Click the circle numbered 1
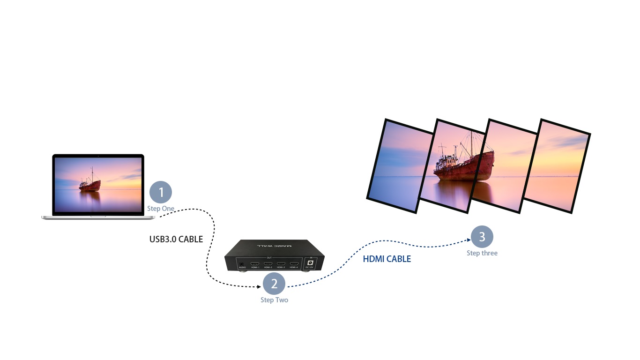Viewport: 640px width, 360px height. [161, 192]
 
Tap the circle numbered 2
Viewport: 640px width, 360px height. [274, 284]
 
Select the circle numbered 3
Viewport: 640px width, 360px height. [482, 237]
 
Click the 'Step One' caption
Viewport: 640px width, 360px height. [161, 209]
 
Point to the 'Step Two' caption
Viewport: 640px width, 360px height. [274, 300]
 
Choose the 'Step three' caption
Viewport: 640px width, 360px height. [482, 253]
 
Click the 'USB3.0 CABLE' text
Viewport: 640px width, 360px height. [176, 240]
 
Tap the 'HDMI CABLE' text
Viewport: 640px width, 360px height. [387, 259]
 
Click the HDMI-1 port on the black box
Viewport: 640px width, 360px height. [256, 264]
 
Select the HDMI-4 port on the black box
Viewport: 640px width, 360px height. [294, 264]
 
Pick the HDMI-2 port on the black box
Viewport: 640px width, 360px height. [268, 264]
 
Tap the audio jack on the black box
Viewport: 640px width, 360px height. [242, 264]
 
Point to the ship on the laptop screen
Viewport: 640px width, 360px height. [89, 184]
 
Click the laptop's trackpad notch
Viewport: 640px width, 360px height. [98, 217]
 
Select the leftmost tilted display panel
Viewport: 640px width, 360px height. [400, 165]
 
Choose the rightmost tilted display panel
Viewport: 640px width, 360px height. [556, 166]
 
